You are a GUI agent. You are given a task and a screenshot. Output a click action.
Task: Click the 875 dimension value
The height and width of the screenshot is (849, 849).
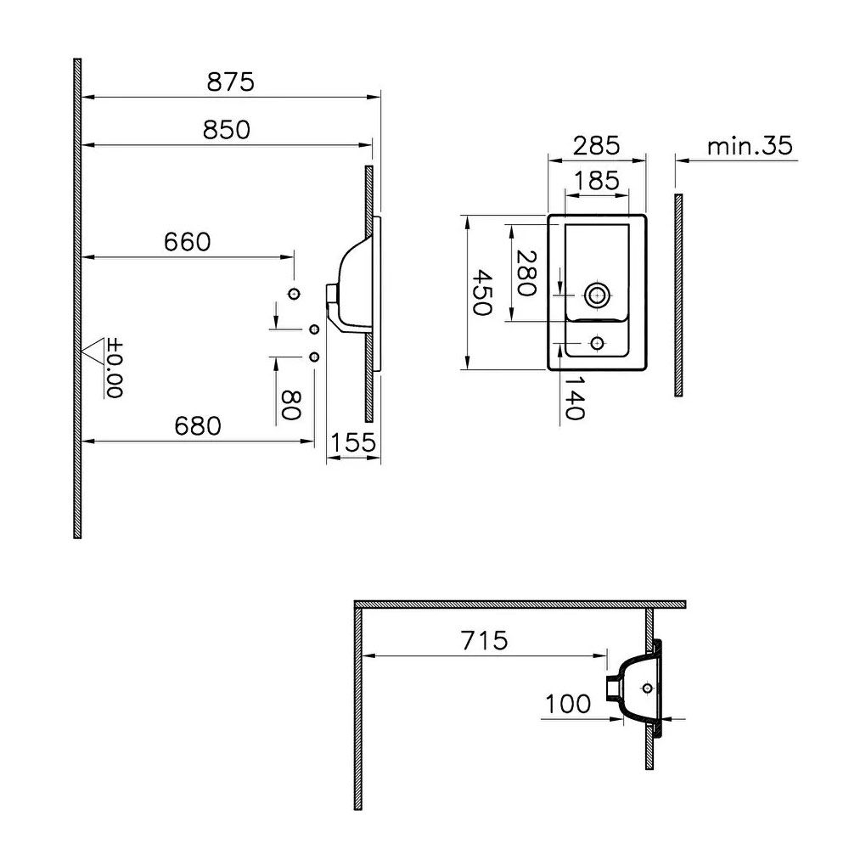(231, 82)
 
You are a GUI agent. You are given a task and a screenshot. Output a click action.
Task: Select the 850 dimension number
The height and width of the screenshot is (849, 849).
(227, 129)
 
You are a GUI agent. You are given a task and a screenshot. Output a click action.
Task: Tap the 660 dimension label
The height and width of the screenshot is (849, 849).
(187, 242)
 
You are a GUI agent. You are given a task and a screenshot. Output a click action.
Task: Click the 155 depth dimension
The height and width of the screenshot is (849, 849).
(353, 441)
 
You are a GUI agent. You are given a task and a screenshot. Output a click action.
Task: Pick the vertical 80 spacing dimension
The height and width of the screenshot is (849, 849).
(291, 406)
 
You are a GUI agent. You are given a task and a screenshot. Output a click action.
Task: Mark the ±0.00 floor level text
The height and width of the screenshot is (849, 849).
(115, 368)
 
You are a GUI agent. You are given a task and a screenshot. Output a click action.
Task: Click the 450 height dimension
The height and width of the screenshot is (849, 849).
(481, 293)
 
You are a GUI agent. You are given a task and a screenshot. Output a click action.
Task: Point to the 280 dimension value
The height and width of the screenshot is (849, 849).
(526, 273)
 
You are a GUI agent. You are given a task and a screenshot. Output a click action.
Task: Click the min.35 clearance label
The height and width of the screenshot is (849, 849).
(751, 146)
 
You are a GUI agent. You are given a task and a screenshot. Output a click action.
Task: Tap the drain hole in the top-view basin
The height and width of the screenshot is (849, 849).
(597, 295)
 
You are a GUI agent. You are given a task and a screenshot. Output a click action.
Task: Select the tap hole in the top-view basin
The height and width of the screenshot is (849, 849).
(597, 343)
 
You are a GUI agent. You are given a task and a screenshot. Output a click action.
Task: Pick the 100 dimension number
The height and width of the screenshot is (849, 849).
(568, 704)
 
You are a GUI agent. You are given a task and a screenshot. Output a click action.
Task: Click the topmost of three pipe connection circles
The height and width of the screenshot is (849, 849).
(295, 294)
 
